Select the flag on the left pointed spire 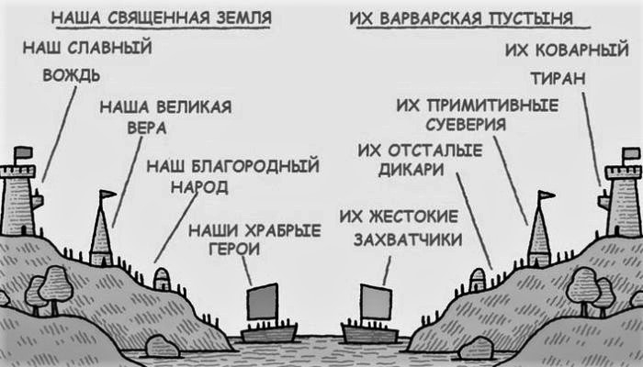pos(109,195)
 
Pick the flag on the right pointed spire pos(547,195)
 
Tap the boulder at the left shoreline pos(163,346)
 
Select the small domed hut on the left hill pos(162,277)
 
